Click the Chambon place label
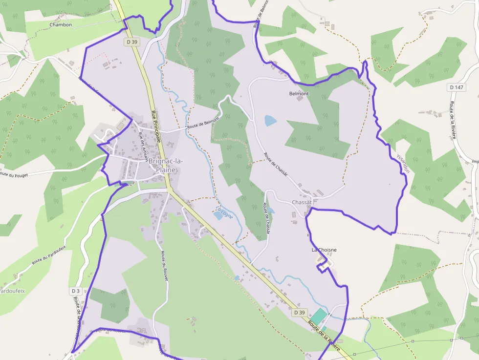61,24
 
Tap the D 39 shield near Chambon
132,42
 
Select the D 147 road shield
456,87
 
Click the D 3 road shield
75,291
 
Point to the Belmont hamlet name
299,93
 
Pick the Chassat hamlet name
302,202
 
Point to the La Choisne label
324,250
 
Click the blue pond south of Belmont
270,121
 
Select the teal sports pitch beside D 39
319,316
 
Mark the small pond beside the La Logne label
217,215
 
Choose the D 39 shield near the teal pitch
300,312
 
